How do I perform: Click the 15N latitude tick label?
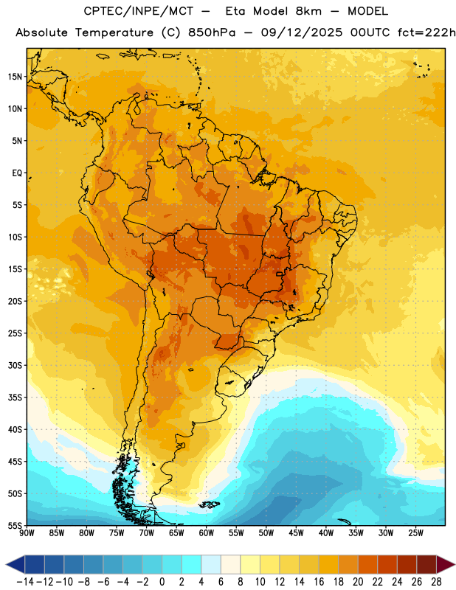15,77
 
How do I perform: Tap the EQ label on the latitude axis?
17,173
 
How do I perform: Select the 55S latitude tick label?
15,525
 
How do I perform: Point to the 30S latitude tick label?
15,365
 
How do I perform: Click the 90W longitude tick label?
27,532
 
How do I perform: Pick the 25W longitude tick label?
416,532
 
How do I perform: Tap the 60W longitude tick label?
207,532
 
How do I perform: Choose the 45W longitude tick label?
297,532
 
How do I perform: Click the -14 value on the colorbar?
25,582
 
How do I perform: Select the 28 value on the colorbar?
436,582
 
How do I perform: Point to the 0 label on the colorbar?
162,582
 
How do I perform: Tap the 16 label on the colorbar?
319,582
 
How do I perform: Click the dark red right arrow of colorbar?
445,564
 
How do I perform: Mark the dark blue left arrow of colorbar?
15,564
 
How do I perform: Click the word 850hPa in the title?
211,32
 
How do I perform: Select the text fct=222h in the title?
426,32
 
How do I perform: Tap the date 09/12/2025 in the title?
302,32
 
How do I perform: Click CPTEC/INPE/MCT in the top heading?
138,11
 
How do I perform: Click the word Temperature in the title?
114,32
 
